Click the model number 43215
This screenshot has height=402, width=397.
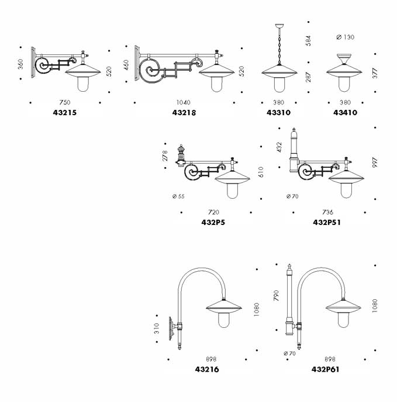click(64, 112)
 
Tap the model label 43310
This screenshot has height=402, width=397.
click(278, 112)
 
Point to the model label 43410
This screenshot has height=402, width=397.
click(346, 112)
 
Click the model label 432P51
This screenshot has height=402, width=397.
click(327, 222)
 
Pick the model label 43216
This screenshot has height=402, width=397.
click(208, 369)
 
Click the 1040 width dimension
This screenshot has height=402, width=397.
click(183, 102)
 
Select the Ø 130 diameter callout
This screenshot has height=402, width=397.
click(346, 37)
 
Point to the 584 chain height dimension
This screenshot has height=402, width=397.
click(308, 41)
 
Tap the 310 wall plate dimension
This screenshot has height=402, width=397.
click(157, 328)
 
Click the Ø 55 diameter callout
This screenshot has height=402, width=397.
click(178, 196)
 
